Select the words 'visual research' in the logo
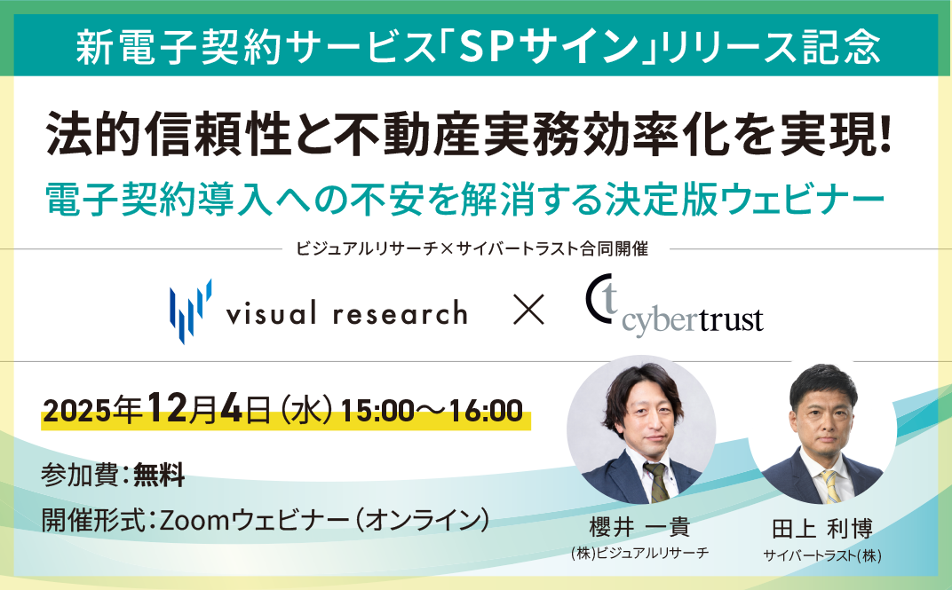[x=345, y=312]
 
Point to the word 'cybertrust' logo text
[x=694, y=320]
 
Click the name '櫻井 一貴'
[x=639, y=527]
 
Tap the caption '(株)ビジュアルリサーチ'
[x=640, y=553]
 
